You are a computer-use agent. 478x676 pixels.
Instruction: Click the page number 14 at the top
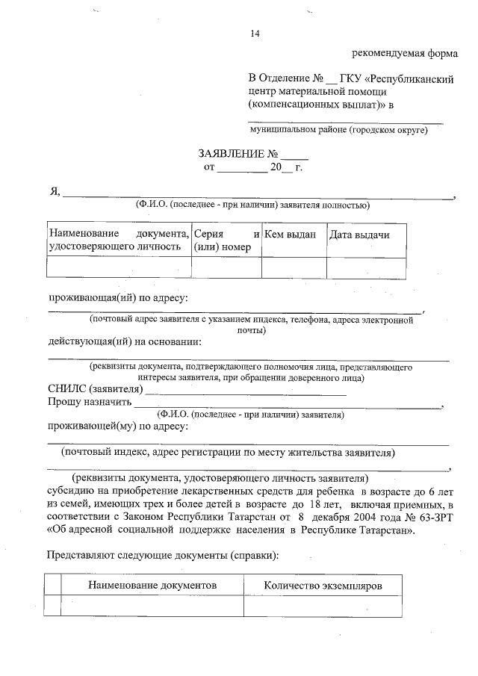pos(255,33)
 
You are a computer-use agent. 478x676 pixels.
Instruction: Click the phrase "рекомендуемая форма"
pos(404,54)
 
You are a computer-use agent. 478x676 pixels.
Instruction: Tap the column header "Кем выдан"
pos(291,235)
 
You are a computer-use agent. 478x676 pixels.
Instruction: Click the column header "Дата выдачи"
pos(360,235)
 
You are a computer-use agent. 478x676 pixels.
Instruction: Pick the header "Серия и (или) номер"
pos(226,241)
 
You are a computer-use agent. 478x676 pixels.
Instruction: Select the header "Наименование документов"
pos(152,586)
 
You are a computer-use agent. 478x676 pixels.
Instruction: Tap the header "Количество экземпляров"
pos(323,586)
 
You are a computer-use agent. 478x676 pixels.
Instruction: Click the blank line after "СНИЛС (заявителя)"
pos(246,390)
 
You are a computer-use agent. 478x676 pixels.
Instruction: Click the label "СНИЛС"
pos(66,390)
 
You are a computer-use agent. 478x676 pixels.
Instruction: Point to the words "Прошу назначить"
pos(89,403)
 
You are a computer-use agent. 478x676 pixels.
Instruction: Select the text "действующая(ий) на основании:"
pos(125,342)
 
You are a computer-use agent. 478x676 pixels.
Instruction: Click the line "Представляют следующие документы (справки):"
pos(163,556)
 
